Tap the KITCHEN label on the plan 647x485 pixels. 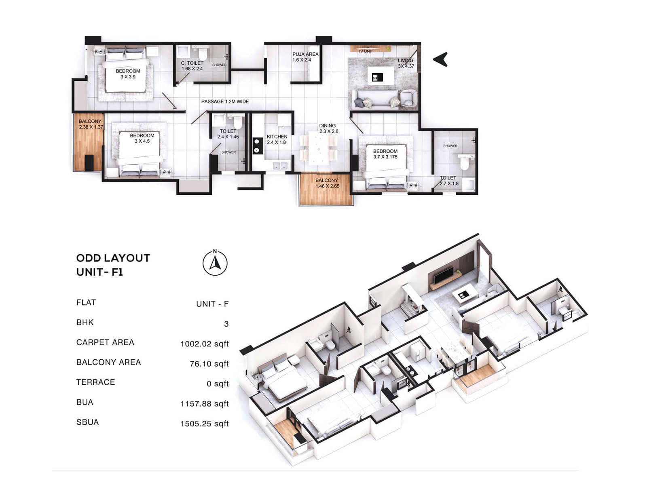(277, 137)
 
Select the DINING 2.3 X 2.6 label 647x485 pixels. (328, 129)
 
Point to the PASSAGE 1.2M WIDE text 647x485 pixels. (225, 101)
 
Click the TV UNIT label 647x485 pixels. (366, 51)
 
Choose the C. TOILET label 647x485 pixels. (192, 63)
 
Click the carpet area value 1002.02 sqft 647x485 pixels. (205, 344)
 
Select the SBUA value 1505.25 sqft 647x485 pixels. (205, 424)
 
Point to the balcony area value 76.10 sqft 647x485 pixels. (209, 364)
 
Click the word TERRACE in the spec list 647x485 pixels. (95, 382)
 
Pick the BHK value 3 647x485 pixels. (226, 324)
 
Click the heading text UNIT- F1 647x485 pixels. (99, 272)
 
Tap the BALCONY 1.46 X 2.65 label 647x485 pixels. (327, 183)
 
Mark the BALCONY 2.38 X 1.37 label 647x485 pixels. (91, 124)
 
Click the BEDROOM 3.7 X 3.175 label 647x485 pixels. (385, 154)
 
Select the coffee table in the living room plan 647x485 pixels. (381, 76)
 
